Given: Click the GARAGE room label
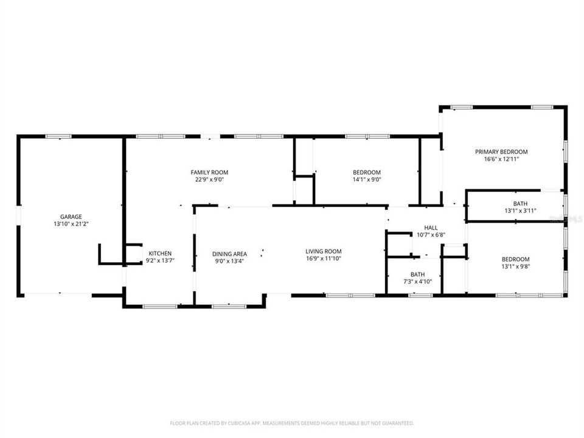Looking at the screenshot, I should pyautogui.click(x=71, y=217).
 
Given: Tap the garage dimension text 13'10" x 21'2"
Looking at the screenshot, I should pyautogui.click(x=71, y=224).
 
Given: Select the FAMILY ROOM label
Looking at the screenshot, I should pyautogui.click(x=209, y=173).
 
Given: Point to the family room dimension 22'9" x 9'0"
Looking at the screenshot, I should pyautogui.click(x=209, y=180).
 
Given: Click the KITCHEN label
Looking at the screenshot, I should pyautogui.click(x=160, y=254).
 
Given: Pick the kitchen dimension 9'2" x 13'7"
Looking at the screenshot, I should pyautogui.click(x=160, y=261).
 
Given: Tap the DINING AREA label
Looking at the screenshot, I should pyautogui.click(x=229, y=254).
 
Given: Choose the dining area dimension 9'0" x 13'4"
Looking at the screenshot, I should pyautogui.click(x=229, y=261).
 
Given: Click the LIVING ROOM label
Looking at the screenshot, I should pyautogui.click(x=323, y=251).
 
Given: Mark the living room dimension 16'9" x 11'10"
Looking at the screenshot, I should pyautogui.click(x=323, y=259).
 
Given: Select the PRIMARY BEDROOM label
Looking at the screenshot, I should pyautogui.click(x=501, y=151).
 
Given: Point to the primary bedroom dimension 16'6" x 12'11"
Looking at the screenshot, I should pyautogui.click(x=501, y=159).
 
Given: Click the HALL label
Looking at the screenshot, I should pyautogui.click(x=431, y=228).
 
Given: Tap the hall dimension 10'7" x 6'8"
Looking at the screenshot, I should pyautogui.click(x=431, y=235).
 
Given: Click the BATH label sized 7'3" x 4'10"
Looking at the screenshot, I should pyautogui.click(x=417, y=274).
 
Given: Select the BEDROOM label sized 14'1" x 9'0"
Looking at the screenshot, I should pyautogui.click(x=367, y=172).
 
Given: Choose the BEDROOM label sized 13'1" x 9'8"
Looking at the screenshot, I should pyautogui.click(x=515, y=259).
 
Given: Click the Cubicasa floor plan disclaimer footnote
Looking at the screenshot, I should pyautogui.click(x=291, y=423).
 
